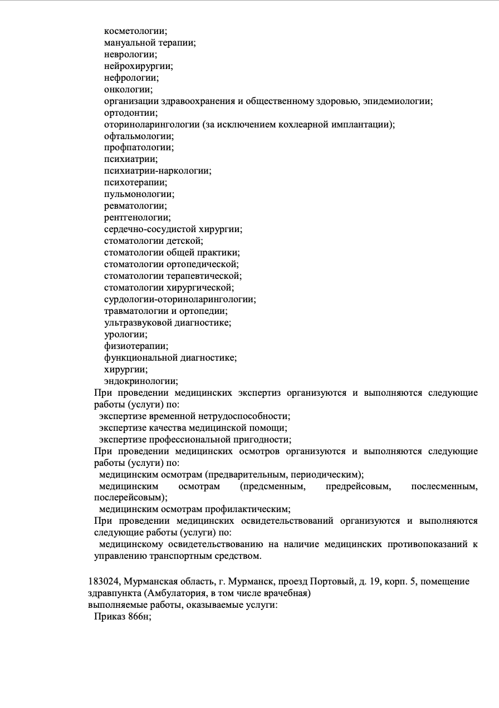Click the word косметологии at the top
[135, 31]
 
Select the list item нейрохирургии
[138, 66]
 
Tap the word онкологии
[128, 89]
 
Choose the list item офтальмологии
[139, 136]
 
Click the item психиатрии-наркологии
[158, 171]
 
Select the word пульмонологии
[139, 194]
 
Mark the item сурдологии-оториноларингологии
[180, 299]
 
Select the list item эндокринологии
[141, 381]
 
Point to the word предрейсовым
[358, 487]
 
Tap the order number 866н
[139, 617]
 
